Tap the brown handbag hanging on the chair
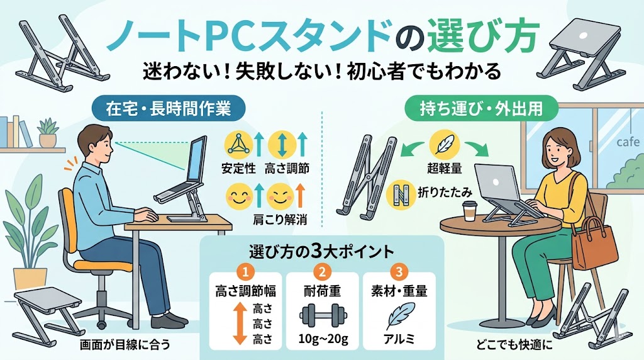595,242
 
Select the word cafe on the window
628,142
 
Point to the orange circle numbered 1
245,272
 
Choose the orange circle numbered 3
399,272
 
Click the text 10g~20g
323,340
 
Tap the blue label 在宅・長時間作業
168,108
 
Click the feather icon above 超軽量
444,145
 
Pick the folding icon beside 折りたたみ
400,193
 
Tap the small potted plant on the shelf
48,132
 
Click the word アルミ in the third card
399,339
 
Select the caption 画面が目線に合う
125,344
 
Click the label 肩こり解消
280,220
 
